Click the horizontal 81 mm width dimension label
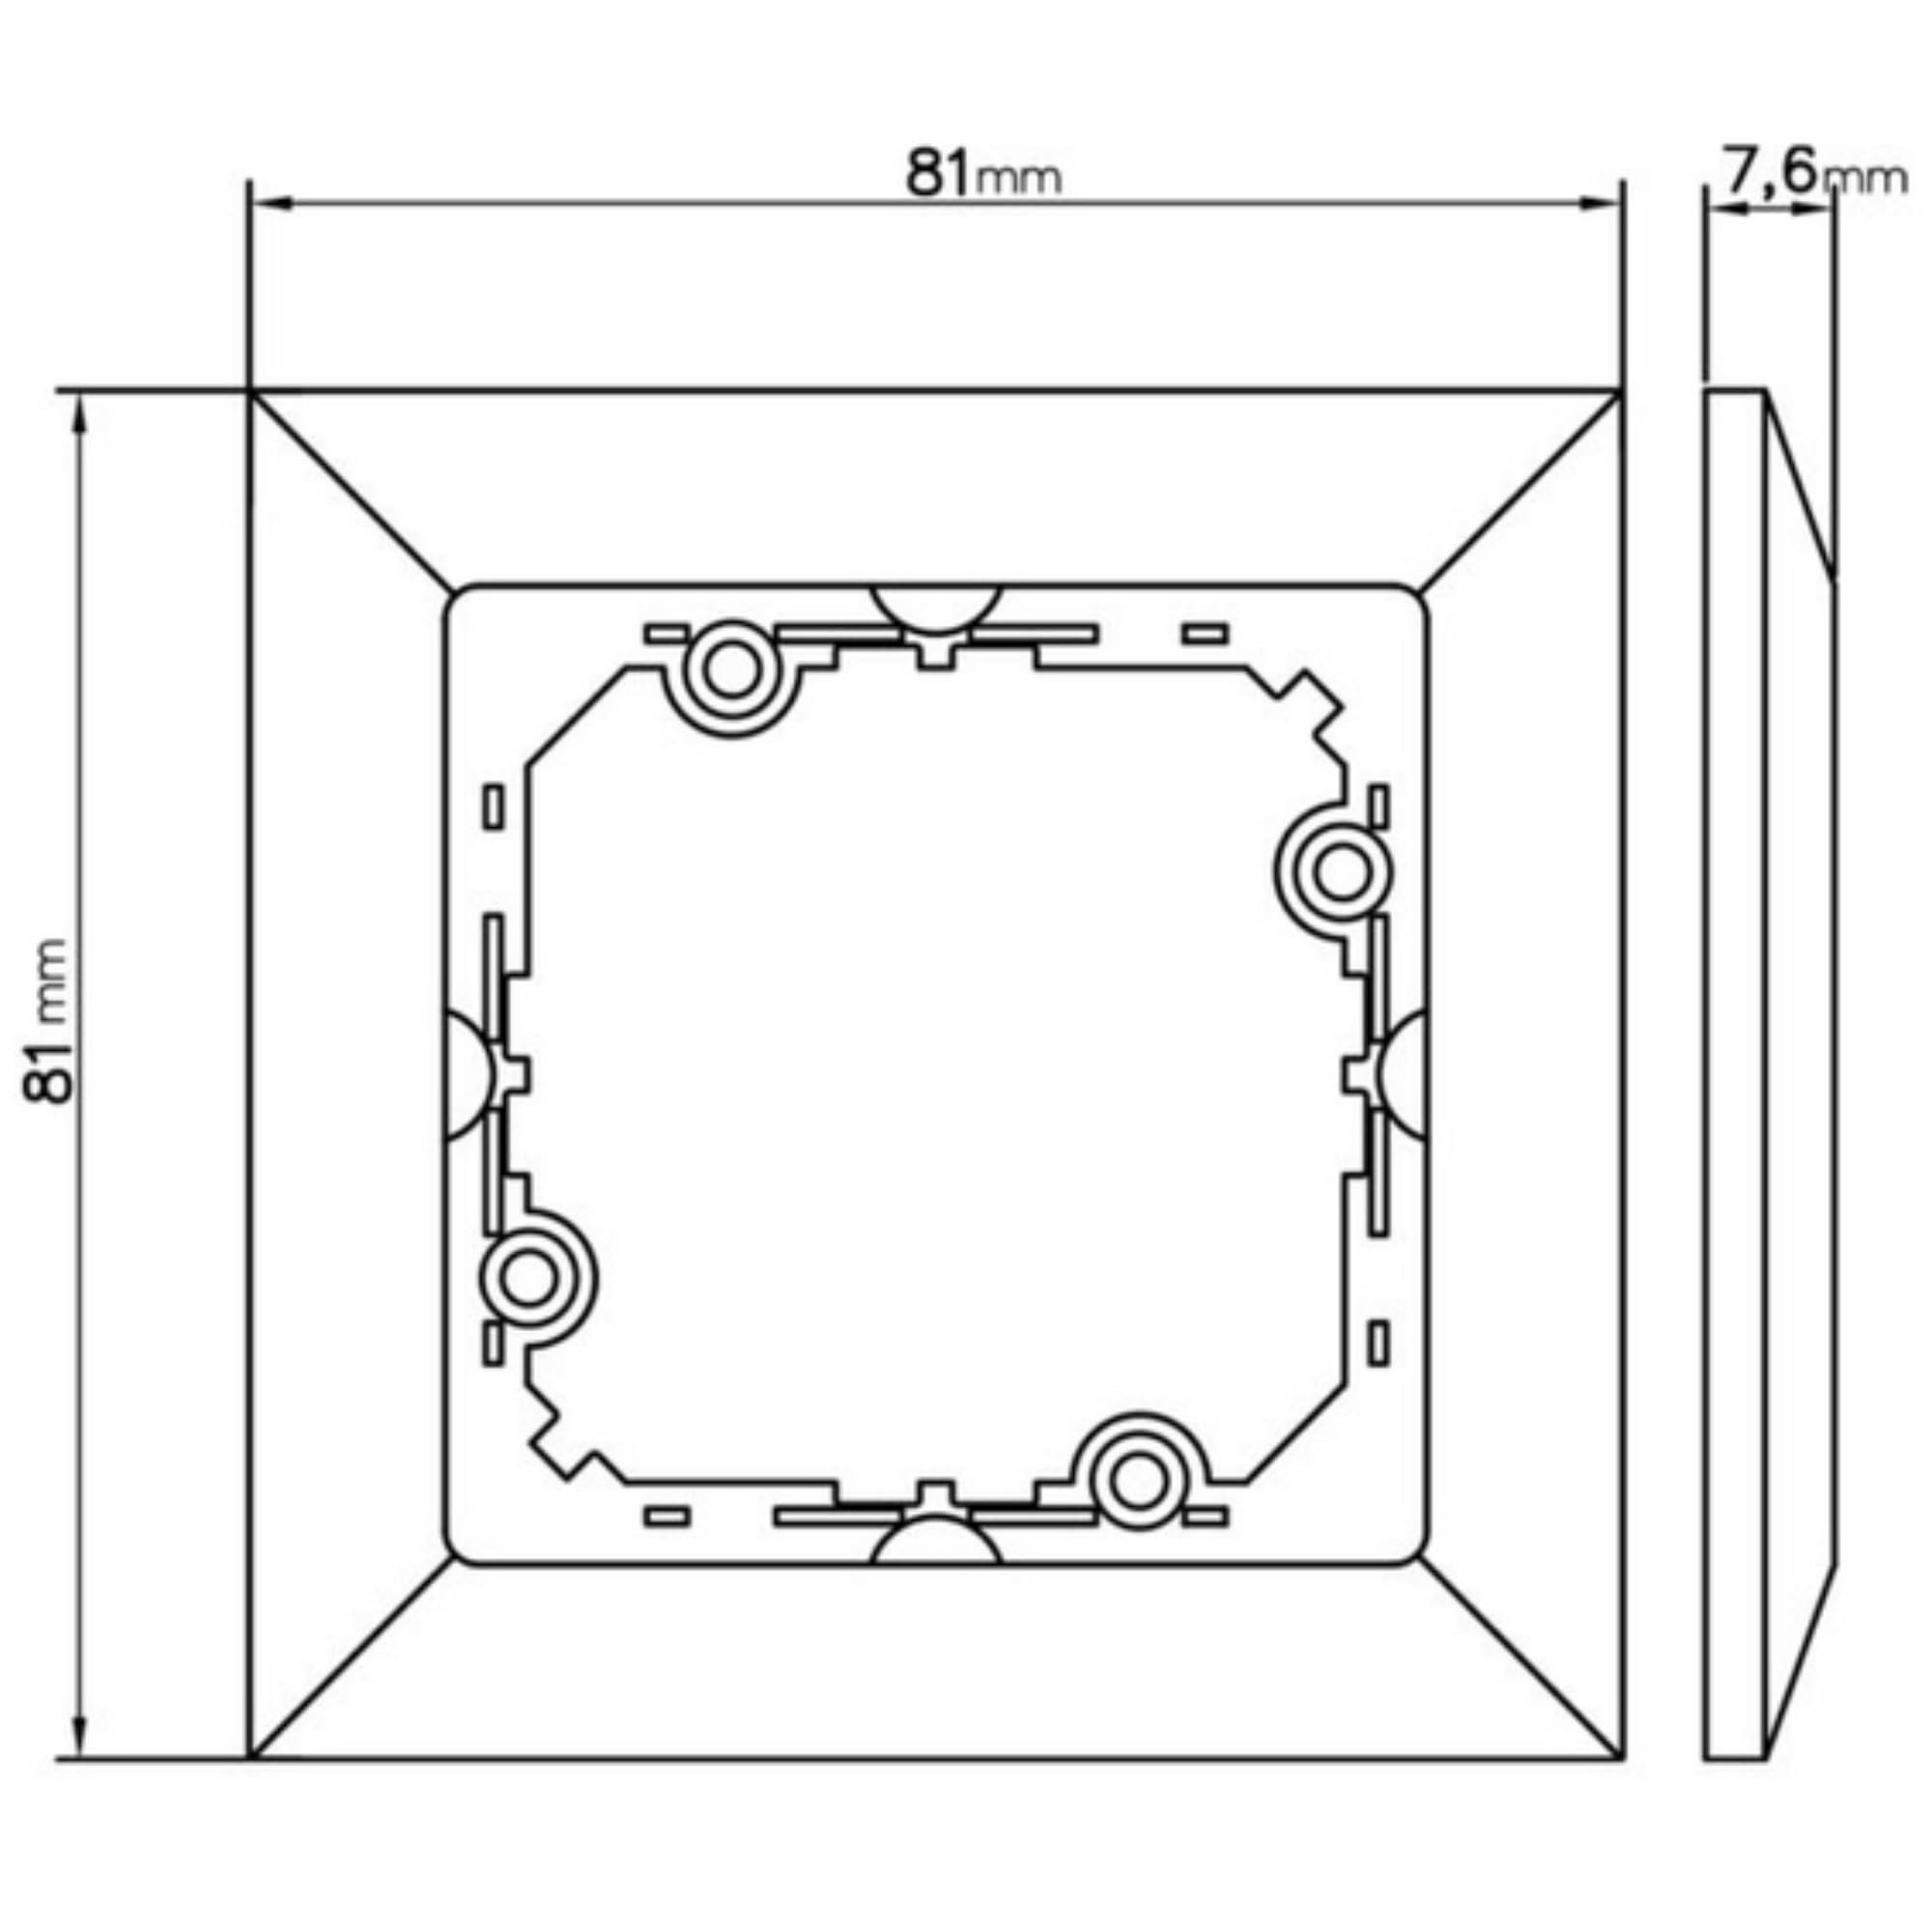(x=983, y=174)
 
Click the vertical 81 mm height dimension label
(x=48, y=1021)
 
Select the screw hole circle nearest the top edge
(x=731, y=674)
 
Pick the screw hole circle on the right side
(x=1342, y=872)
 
